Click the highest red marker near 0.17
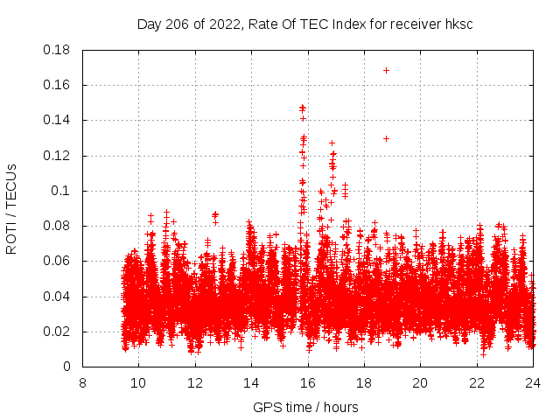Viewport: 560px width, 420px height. pos(386,70)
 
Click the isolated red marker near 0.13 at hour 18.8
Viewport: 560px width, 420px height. pos(386,138)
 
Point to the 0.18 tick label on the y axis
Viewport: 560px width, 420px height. pos(57,50)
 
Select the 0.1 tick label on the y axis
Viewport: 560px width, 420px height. pos(62,191)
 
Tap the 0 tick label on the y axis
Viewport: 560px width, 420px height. pos(68,367)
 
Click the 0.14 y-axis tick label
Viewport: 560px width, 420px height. pos(57,120)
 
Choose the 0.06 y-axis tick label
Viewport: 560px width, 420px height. pos(57,261)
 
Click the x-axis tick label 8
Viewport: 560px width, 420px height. pos(82,382)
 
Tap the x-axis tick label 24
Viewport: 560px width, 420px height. pos(532,382)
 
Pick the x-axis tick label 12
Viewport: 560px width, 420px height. pos(194,382)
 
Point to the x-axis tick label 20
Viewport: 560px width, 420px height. pos(420,382)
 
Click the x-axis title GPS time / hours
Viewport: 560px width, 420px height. pos(305,407)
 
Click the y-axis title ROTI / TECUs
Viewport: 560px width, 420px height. pos(11,208)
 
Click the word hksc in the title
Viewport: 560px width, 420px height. pos(458,24)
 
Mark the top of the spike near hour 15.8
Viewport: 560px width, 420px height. pos(303,108)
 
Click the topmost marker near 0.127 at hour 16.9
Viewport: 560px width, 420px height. pos(332,143)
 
